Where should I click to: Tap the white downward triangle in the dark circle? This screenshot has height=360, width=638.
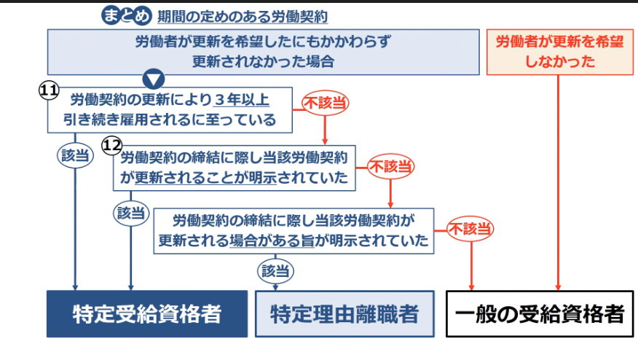(x=155, y=79)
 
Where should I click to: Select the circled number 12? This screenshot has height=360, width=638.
(x=111, y=145)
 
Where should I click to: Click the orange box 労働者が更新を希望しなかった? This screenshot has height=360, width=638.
(x=558, y=52)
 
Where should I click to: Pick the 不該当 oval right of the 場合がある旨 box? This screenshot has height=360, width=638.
(x=470, y=229)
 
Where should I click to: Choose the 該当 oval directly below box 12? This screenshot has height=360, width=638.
(x=131, y=213)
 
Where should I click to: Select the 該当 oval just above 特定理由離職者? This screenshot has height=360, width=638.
(x=277, y=272)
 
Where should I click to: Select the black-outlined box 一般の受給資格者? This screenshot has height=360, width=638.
(x=540, y=314)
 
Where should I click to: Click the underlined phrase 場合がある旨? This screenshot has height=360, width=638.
(x=272, y=240)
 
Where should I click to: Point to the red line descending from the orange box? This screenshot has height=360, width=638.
(x=558, y=182)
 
